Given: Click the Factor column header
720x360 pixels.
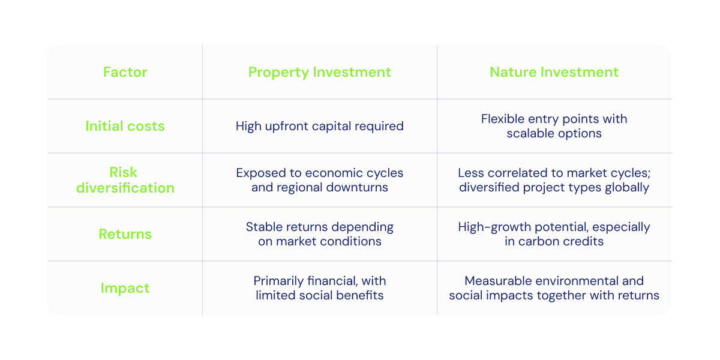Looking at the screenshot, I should pos(125,73).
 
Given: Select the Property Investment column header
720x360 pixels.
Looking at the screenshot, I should pos(319,73).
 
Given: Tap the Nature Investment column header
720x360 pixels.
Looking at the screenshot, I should pos(554,73).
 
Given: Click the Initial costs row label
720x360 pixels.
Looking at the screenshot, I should pos(125,126).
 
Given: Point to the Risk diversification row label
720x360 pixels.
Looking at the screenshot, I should pos(125,180).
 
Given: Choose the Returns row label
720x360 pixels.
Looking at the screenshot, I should pos(125,234).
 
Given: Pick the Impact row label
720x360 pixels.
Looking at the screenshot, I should pos(125,288).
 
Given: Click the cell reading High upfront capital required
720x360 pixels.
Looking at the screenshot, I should pos(319,126).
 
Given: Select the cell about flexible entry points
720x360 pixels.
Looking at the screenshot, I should pos(554,126).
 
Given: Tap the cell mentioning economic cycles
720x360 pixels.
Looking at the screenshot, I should pos(319,180).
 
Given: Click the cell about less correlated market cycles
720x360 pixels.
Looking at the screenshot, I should pos(554,180).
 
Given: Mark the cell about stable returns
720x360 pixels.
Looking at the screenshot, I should pos(319,234).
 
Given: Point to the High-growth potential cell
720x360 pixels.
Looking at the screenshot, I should pos(554,234).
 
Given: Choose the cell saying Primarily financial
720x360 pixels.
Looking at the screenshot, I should pos(319,288).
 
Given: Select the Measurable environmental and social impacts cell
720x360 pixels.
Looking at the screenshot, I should pos(554,288).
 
